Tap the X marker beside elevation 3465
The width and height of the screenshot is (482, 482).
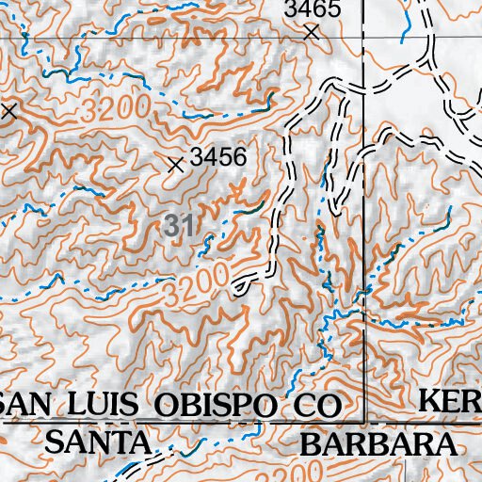pyautogui.click(x=312, y=32)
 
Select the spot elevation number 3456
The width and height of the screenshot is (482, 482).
pyautogui.click(x=217, y=157)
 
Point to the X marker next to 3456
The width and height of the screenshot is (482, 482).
pyautogui.click(x=174, y=165)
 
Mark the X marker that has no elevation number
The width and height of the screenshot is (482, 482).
pyautogui.click(x=8, y=110)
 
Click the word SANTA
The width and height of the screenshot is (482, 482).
pyautogui.click(x=98, y=442)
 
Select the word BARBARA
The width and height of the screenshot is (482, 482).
pyautogui.click(x=380, y=442)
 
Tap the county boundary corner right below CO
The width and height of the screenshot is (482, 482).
pyautogui.click(x=363, y=423)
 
